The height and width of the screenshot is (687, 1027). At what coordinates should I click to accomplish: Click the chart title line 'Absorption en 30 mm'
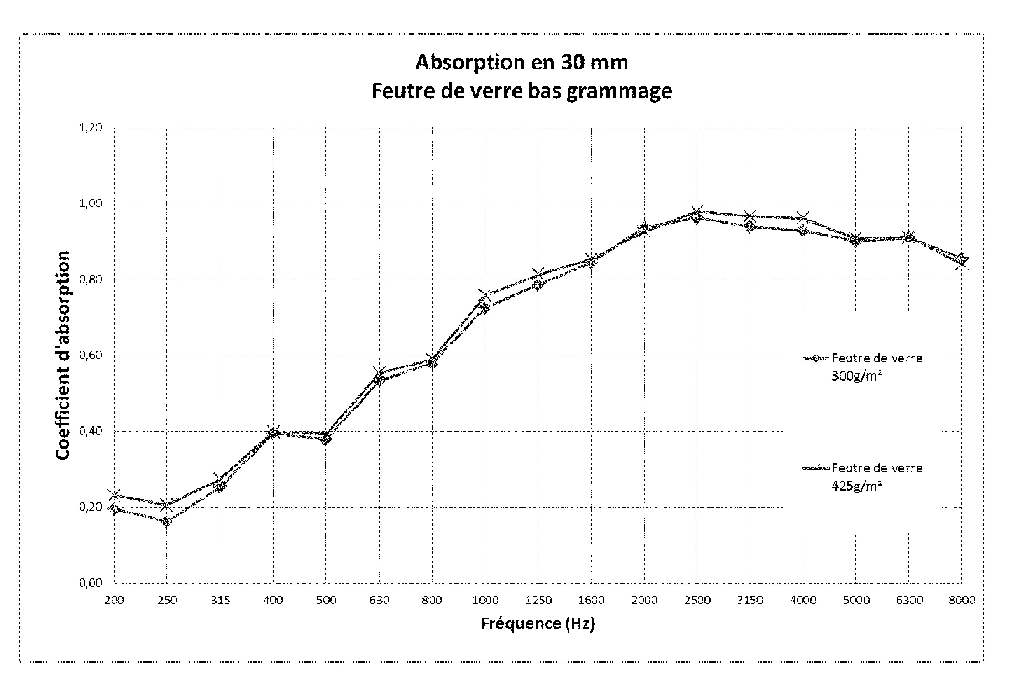pyautogui.click(x=522, y=62)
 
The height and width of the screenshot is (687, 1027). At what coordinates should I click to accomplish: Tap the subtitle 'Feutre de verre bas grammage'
pyautogui.click(x=522, y=91)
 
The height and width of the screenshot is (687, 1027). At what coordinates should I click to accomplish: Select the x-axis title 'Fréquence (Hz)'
pyautogui.click(x=538, y=623)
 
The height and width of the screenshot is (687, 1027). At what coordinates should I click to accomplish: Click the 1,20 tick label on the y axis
pyautogui.click(x=90, y=128)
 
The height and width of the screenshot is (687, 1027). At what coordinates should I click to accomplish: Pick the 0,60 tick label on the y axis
pyautogui.click(x=90, y=355)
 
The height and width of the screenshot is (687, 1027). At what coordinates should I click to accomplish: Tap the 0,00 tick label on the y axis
pyautogui.click(x=90, y=583)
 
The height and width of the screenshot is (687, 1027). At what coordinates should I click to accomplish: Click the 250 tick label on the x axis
pyautogui.click(x=167, y=600)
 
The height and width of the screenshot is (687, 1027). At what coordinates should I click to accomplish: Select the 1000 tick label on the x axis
pyautogui.click(x=485, y=600)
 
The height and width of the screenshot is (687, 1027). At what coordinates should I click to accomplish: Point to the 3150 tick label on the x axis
pyautogui.click(x=750, y=600)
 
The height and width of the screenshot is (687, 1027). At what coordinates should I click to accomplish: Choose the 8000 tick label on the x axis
pyautogui.click(x=962, y=600)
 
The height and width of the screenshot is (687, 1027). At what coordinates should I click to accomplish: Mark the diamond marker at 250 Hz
pyautogui.click(x=166, y=521)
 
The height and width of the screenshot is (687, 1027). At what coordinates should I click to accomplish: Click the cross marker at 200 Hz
pyautogui.click(x=115, y=495)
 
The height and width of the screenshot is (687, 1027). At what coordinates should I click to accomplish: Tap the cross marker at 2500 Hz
pyautogui.click(x=697, y=211)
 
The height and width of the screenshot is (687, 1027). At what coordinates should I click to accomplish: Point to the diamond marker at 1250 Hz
pyautogui.click(x=538, y=285)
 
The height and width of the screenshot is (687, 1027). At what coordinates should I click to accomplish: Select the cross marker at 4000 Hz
pyautogui.click(x=803, y=218)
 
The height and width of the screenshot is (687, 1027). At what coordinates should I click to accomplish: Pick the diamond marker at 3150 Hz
pyautogui.click(x=750, y=227)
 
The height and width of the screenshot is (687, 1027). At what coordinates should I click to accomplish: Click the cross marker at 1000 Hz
pyautogui.click(x=485, y=295)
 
